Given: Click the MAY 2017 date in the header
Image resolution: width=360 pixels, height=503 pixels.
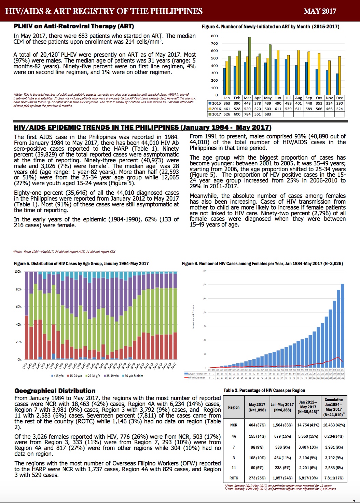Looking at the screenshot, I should point(320,11).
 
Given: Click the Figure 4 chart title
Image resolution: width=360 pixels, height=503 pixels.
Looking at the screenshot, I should point(271,27).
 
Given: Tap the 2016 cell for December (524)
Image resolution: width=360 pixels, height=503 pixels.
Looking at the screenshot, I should point(339,109).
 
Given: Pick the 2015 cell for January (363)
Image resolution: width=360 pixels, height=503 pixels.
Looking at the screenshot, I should point(227,103).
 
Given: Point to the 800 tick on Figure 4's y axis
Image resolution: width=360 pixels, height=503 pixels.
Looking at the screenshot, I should point(214,36).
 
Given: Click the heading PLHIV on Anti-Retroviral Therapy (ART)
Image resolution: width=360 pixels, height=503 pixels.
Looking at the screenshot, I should point(74,26).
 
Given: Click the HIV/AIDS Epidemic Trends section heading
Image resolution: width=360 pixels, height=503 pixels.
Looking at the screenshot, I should point(142,127).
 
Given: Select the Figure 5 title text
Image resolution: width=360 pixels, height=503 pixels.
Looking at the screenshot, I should point(81,263).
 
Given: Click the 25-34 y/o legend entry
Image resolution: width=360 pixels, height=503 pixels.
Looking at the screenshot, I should point(94,376).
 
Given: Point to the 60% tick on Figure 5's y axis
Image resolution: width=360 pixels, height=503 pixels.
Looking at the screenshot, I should point(18,307).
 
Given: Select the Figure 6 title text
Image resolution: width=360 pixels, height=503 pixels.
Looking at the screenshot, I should point(262,263).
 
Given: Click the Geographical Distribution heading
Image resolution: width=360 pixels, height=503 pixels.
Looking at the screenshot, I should point(55,391).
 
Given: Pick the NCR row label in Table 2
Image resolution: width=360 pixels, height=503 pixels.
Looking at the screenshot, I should point(234,425).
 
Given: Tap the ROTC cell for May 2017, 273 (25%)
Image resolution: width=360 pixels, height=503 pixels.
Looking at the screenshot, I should point(257,478).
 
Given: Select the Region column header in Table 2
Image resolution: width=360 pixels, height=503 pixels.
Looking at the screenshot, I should point(234,407).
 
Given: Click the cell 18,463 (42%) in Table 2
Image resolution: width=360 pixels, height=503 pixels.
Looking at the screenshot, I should point(334,425).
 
